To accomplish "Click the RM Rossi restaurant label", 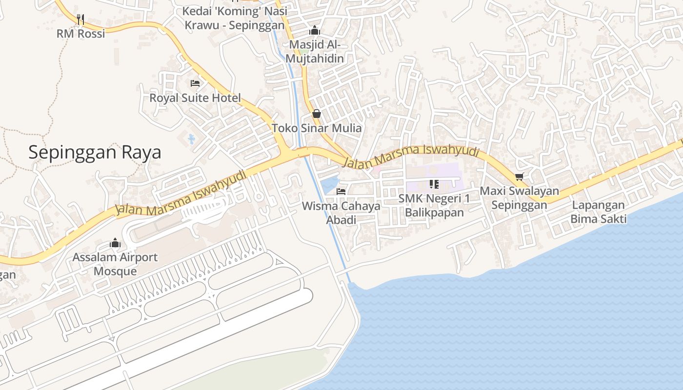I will [x=80, y=34].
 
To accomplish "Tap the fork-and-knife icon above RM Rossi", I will [x=80, y=19].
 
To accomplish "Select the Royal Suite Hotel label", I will [x=195, y=98].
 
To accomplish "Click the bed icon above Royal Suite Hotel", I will [x=195, y=83].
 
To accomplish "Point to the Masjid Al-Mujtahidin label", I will [x=315, y=52].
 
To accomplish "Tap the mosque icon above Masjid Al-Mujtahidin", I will [x=315, y=30].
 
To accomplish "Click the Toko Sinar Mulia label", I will [x=317, y=128].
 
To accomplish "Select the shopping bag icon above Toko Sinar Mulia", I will [x=317, y=114].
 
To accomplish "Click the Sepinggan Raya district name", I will [x=95, y=153].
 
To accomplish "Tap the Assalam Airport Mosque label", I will [x=115, y=264].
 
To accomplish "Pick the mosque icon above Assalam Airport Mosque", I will [x=115, y=242].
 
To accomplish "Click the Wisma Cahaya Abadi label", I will [x=341, y=213].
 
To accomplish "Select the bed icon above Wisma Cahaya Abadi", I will [x=341, y=192].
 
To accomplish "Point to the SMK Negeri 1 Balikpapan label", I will [x=434, y=205].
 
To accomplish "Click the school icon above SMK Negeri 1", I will [x=434, y=184].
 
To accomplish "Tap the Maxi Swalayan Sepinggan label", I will [x=519, y=198].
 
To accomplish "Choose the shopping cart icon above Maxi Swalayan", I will [x=519, y=176].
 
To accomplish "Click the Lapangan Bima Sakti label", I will [x=598, y=212].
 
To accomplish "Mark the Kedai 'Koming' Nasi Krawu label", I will [x=234, y=18].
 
